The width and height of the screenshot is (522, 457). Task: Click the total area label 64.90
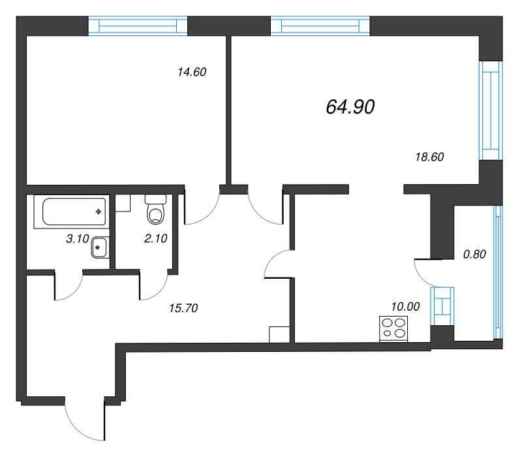click(350, 107)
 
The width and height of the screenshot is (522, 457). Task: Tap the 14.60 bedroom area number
click(192, 72)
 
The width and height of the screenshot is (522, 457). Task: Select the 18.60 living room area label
click(429, 157)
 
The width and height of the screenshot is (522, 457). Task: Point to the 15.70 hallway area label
click(183, 308)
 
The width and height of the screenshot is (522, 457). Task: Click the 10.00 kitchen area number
click(405, 306)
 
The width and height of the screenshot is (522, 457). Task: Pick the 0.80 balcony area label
click(474, 255)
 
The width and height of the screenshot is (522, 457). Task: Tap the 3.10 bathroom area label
click(78, 238)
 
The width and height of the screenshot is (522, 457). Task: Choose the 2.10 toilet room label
click(155, 238)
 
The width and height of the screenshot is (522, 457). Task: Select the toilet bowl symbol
click(155, 210)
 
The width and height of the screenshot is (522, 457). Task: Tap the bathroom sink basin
click(99, 247)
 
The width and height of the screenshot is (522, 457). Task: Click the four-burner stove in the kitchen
click(393, 328)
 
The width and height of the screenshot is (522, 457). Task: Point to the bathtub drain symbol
click(99, 212)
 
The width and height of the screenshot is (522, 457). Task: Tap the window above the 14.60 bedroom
click(138, 25)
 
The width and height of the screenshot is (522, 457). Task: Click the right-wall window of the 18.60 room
click(491, 110)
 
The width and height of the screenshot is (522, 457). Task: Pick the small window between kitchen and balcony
click(442, 306)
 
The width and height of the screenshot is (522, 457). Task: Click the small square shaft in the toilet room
click(123, 203)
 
